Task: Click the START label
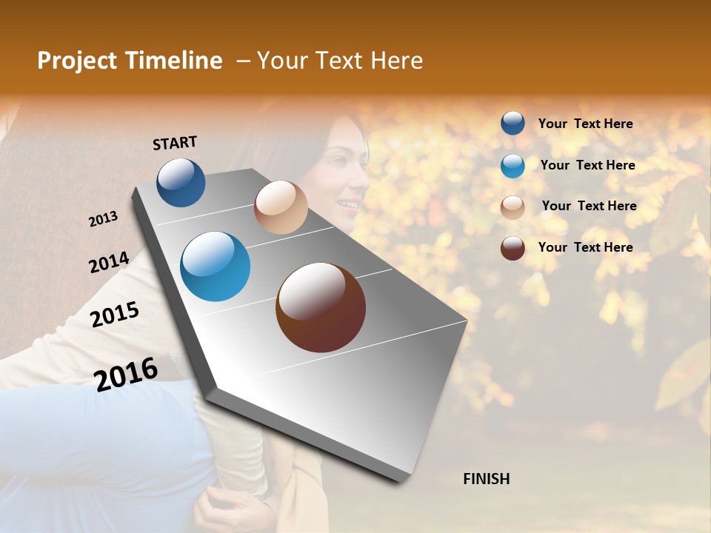[x=175, y=143]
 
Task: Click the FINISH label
[x=486, y=479]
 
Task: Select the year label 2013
[x=104, y=219]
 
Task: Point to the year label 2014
[x=109, y=262]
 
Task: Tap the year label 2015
[x=115, y=315]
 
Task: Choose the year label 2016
[x=127, y=373]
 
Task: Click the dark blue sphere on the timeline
[x=181, y=182]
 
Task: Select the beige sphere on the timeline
[x=281, y=207]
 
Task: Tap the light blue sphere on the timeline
[x=215, y=266]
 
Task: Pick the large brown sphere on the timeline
[x=321, y=307]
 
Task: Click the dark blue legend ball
[x=513, y=124]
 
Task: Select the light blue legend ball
[x=513, y=166]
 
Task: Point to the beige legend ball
[x=513, y=207]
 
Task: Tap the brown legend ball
[x=513, y=248]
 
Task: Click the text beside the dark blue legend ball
[x=585, y=124]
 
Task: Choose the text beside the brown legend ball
[x=585, y=247]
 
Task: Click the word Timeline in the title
[x=175, y=61]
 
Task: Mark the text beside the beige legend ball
[x=589, y=206]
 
